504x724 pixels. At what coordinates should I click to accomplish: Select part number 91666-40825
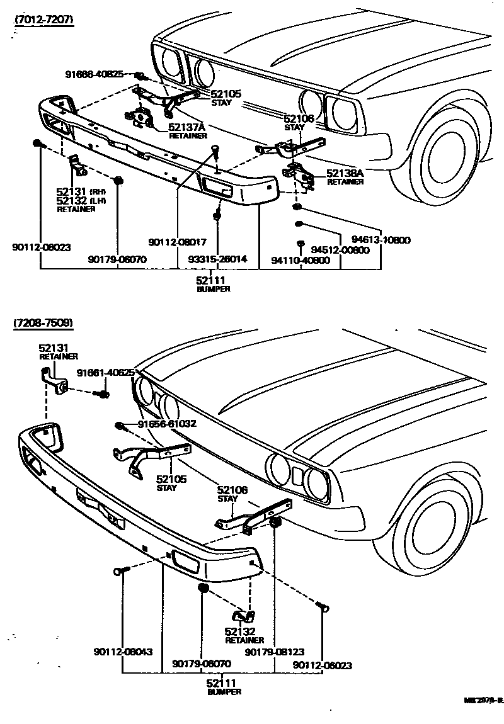point(94,74)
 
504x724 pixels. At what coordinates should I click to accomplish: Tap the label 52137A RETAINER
point(188,130)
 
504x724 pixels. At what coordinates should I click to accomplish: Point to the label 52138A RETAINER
point(345,176)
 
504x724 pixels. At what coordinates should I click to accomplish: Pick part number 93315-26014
point(217,259)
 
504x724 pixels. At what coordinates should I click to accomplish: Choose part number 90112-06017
point(178,241)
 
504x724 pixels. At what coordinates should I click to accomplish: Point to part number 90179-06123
point(274,653)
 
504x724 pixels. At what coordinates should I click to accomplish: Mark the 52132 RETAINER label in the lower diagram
point(244,635)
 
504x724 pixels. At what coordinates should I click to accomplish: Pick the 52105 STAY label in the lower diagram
point(171,483)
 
